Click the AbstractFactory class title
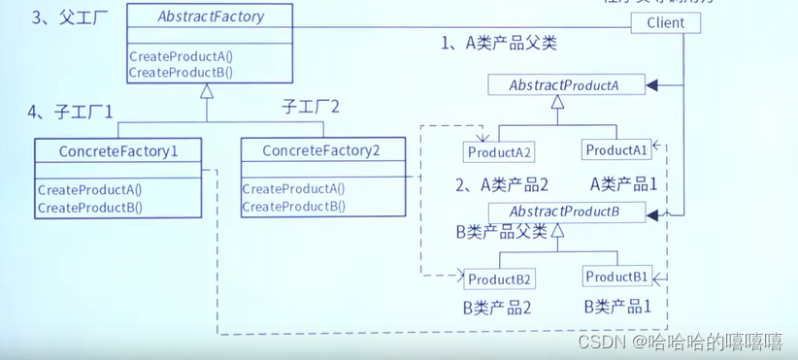tap(210, 16)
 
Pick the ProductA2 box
tap(500, 152)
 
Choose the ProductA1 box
tap(615, 150)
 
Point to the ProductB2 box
tap(500, 279)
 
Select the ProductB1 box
tap(616, 277)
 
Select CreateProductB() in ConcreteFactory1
tap(90, 207)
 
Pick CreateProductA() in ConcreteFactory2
tap(293, 189)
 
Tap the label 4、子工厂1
tap(71, 113)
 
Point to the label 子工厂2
tap(311, 106)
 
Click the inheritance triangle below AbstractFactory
tap(206, 92)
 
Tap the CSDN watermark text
tap(680, 342)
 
